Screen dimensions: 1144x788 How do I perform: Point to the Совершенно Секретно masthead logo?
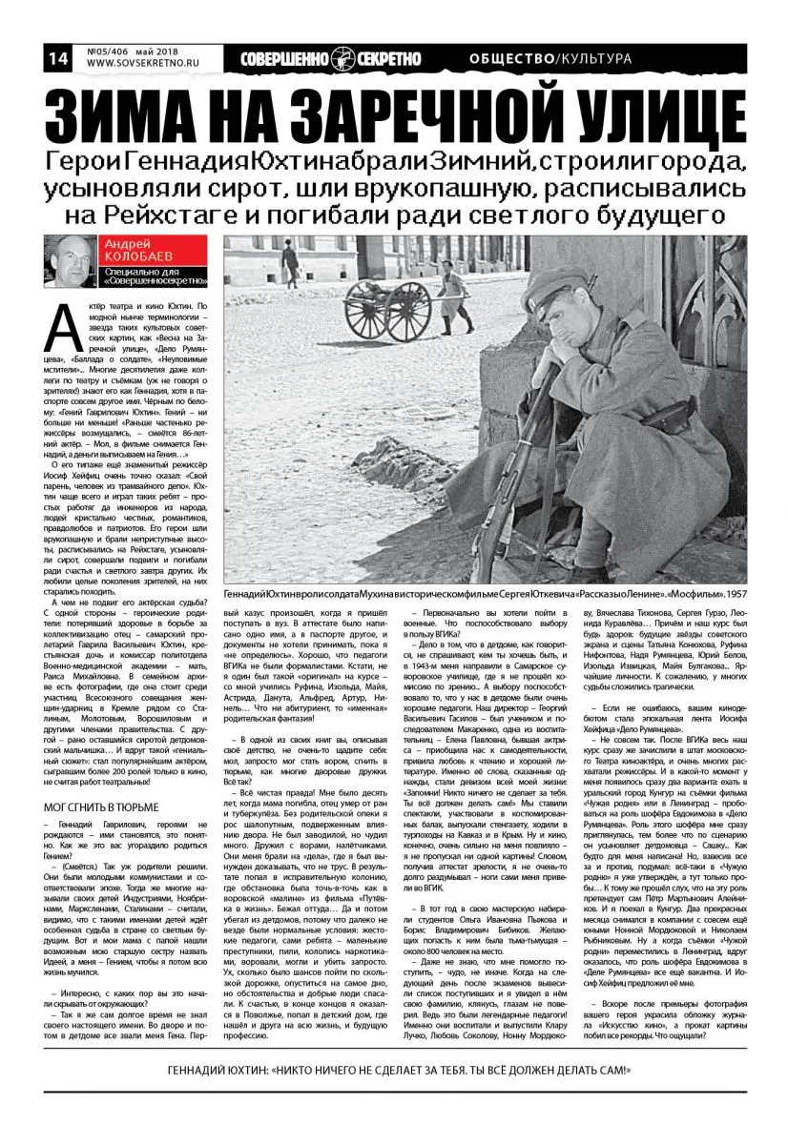point(331,58)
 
